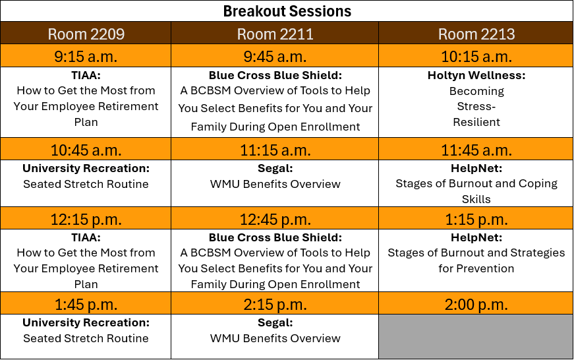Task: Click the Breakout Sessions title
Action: (x=287, y=11)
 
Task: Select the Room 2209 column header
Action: (x=86, y=34)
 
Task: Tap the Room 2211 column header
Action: (x=275, y=34)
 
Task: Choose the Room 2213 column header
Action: (x=476, y=34)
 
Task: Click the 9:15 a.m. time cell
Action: (x=86, y=56)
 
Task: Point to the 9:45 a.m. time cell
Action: (x=275, y=56)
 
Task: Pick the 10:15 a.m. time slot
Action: (x=476, y=56)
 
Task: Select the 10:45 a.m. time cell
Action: (x=86, y=150)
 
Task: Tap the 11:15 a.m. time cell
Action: (x=275, y=150)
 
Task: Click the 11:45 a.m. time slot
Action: (x=476, y=150)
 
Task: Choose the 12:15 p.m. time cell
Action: (x=86, y=219)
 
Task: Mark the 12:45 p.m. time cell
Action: (x=275, y=219)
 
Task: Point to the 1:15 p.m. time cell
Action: (x=476, y=219)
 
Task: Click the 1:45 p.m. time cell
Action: (x=86, y=304)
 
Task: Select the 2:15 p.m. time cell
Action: (x=275, y=304)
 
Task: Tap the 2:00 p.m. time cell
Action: (x=476, y=304)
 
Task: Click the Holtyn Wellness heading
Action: (x=476, y=76)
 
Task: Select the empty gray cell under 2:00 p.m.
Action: (x=476, y=336)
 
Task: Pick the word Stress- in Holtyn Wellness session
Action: (x=476, y=106)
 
